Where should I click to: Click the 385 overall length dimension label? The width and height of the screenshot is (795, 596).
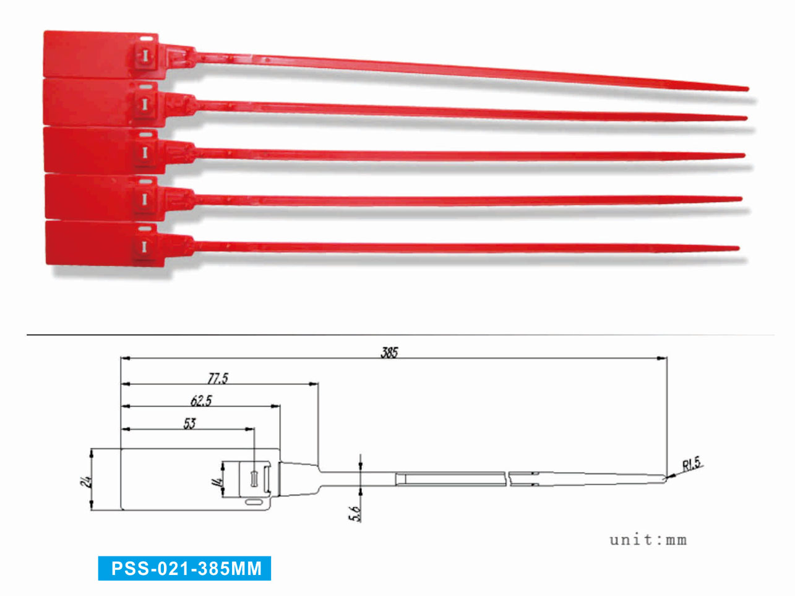click(x=389, y=352)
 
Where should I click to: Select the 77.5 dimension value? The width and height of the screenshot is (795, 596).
click(x=218, y=378)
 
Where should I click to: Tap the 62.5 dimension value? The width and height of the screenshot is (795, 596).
click(x=201, y=401)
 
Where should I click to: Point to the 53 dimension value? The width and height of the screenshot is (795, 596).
click(x=189, y=424)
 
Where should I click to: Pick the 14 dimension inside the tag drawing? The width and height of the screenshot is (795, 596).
click(x=218, y=482)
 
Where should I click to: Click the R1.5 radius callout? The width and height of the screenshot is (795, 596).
click(x=692, y=464)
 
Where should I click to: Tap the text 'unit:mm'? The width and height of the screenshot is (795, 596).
click(x=648, y=540)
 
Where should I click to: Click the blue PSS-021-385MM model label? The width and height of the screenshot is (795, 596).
click(x=184, y=568)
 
